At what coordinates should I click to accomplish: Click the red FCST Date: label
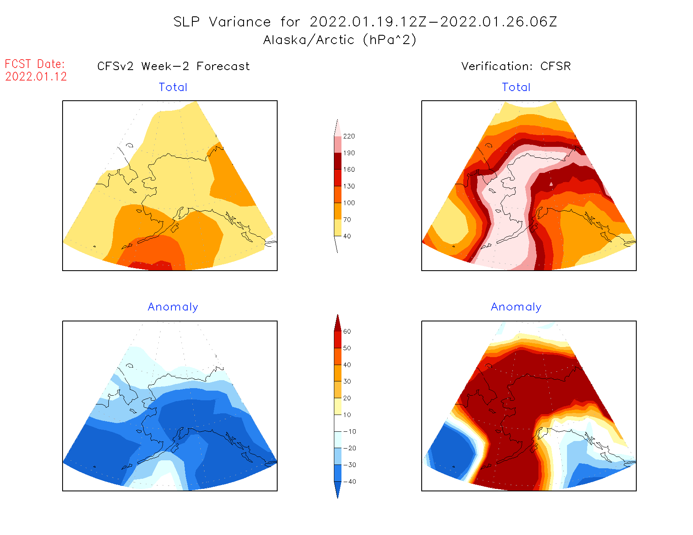coord(35,64)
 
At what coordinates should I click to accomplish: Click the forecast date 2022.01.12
coord(36,77)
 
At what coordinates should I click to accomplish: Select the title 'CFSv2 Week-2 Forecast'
coord(173,66)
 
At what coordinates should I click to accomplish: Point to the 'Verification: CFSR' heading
coord(516,66)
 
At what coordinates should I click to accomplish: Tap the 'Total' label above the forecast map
coord(173,87)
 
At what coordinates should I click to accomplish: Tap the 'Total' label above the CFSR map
coord(516,87)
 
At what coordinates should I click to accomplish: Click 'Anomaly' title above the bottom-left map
coord(173,307)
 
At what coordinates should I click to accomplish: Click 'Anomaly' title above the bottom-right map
coord(516,307)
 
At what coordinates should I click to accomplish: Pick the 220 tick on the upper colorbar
coord(349,136)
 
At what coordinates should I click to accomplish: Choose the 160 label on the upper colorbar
coord(349,170)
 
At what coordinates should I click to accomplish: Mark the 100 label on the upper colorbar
coord(349,203)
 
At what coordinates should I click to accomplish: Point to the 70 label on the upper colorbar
coord(347,220)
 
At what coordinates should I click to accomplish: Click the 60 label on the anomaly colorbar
coord(347,331)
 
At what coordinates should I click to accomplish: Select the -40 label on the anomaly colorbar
coord(349,482)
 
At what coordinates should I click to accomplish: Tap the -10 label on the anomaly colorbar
coord(349,432)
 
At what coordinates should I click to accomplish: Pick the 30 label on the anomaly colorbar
coord(347,381)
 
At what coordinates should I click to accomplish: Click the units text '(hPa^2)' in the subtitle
coord(389,40)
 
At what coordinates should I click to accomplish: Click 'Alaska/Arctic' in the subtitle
coord(309,40)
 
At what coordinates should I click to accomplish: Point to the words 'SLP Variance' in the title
coord(222,22)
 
